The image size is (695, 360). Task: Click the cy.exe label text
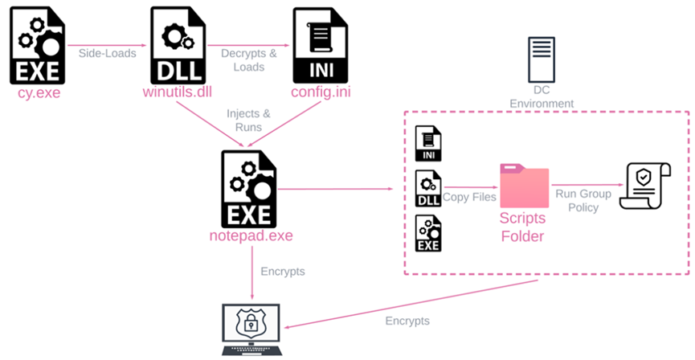pyautogui.click(x=39, y=93)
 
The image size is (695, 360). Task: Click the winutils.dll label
pyautogui.click(x=176, y=93)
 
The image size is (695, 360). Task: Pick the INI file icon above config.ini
pyautogui.click(x=321, y=46)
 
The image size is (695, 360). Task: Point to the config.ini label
pyautogui.click(x=321, y=93)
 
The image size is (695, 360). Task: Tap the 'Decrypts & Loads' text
pyautogui.click(x=248, y=59)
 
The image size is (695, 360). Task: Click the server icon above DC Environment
pyautogui.click(x=541, y=59)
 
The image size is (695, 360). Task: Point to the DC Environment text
pyautogui.click(x=542, y=97)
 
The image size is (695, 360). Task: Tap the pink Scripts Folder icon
pyautogui.click(x=524, y=186)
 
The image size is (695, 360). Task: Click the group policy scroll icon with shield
pyautogui.click(x=645, y=183)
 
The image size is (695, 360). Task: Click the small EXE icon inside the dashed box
pyautogui.click(x=428, y=233)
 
